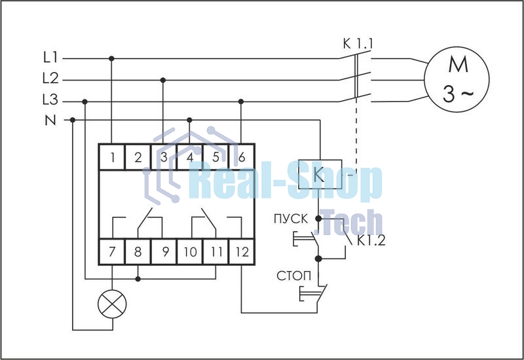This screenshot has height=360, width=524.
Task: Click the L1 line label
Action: [50, 58]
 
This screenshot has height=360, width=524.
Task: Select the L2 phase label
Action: [50, 78]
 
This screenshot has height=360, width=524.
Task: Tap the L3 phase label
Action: [50, 99]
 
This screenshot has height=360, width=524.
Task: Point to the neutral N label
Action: [50, 120]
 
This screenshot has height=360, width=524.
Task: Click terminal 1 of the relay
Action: [112, 157]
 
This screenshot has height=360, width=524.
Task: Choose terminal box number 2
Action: [138, 157]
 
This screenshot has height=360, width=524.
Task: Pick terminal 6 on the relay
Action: [242, 157]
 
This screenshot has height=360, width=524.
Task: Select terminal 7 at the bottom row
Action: [112, 251]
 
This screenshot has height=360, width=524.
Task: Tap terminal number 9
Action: [164, 251]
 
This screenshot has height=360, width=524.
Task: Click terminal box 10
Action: [190, 251]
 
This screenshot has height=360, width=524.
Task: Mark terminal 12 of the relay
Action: [242, 251]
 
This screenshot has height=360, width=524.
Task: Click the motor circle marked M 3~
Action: [457, 79]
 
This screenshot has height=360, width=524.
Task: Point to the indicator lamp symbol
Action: [112, 304]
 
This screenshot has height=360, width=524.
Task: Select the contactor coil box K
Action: [320, 174]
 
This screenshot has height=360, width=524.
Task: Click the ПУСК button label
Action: [291, 219]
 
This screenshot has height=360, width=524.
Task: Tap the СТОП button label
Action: [293, 276]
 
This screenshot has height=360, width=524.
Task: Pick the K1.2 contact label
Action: [371, 240]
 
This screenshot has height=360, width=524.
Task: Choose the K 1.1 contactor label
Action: [358, 44]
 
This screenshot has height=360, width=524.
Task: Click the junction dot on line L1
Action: [111, 59]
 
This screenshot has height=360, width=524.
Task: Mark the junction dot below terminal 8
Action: [138, 279]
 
